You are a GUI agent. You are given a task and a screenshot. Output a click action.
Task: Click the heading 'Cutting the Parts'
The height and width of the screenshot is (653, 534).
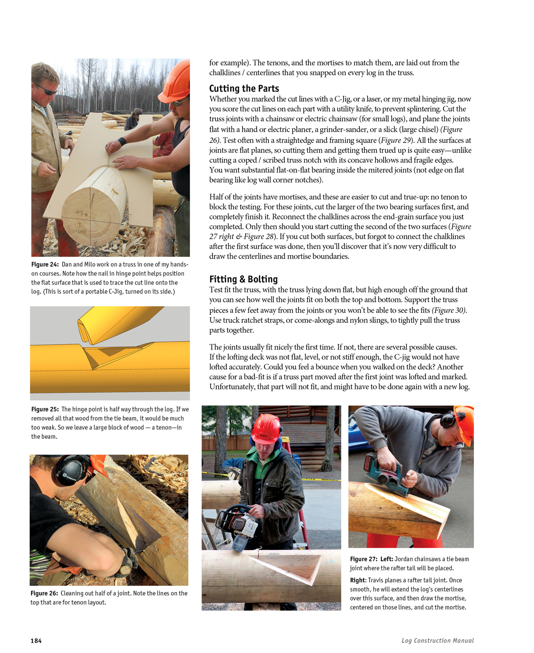point(244,88)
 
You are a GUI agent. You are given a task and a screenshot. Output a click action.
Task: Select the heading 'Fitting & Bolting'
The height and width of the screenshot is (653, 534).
point(243,279)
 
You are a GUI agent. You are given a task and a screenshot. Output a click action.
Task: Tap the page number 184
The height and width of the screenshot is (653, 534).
point(36,641)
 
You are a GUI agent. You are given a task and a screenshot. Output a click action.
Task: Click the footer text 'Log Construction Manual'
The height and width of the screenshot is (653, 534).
point(437,641)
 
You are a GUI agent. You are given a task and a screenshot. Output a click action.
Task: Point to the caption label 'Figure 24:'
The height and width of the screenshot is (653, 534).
point(45,264)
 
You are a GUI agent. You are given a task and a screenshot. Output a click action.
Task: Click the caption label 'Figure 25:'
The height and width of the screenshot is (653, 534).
point(45,409)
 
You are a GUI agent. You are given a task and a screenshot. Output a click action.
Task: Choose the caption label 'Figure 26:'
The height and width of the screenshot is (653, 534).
point(44,593)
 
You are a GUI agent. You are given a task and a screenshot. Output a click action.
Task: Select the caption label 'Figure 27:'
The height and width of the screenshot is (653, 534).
point(364,559)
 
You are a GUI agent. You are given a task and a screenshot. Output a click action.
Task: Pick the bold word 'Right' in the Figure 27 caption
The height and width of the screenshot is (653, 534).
point(357,580)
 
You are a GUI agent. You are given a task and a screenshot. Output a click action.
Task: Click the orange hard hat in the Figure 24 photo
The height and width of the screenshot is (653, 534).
point(176,80)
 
